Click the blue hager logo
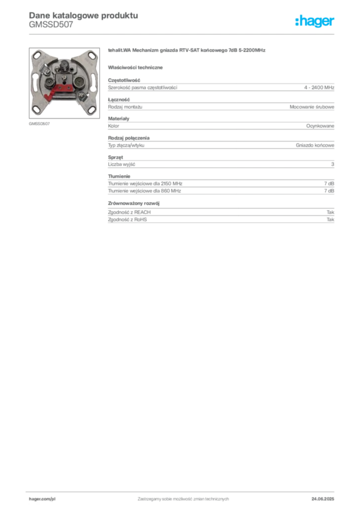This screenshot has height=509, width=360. pyautogui.click(x=315, y=21)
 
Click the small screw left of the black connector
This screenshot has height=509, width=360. pyautogui.click(x=57, y=70)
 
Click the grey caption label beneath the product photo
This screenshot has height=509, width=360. pyautogui.click(x=40, y=123)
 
